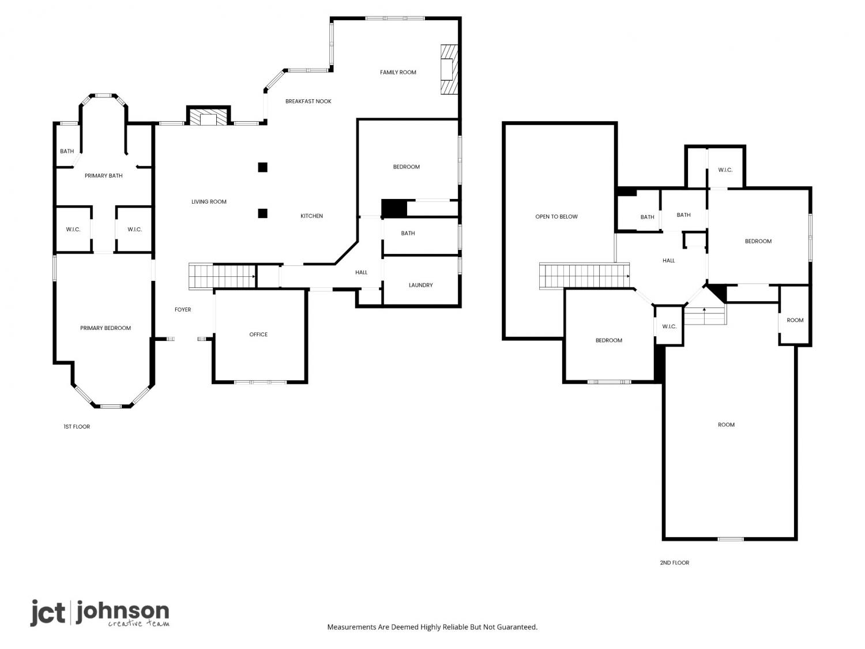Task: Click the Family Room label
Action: [x=398, y=72]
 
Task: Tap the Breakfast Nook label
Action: [x=308, y=102]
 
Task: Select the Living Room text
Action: [x=209, y=202]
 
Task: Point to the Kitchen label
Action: [x=311, y=216]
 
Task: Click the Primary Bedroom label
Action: [x=105, y=328]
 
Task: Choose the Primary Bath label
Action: [x=104, y=176]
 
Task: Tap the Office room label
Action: [x=258, y=335]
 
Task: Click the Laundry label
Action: [x=420, y=286]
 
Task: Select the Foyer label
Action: [x=183, y=310]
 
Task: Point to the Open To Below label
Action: [x=556, y=217]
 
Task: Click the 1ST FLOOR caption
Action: [x=77, y=427]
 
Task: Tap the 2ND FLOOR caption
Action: [x=674, y=562]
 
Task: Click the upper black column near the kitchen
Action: [x=263, y=167]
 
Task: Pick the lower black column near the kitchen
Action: [x=263, y=213]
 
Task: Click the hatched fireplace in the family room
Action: [x=449, y=69]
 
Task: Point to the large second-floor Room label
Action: [x=726, y=425]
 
